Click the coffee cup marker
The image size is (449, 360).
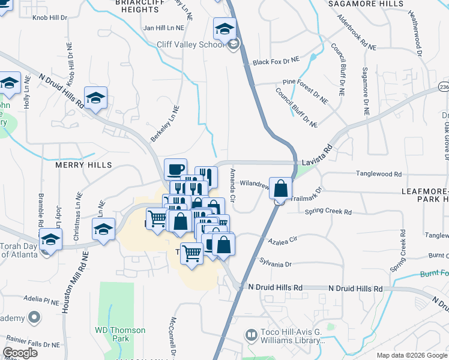click(x=175, y=170)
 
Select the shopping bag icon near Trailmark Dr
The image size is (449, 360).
click(x=280, y=188)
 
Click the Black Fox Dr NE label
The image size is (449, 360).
click(x=276, y=61)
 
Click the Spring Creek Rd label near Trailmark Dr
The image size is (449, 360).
click(x=328, y=212)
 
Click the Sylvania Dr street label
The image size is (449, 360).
click(x=276, y=263)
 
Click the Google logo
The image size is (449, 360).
click(x=20, y=353)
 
